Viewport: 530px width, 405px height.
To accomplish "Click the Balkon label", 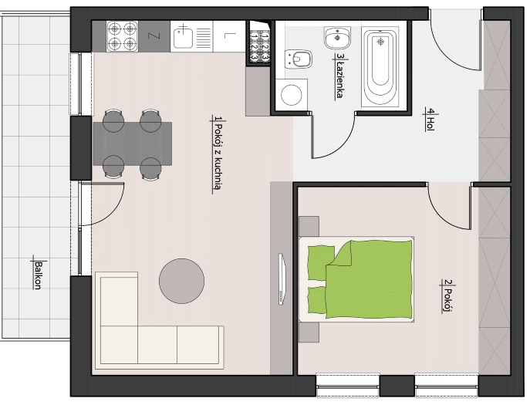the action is point(37,275).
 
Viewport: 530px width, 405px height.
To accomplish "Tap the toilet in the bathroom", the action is point(298,59).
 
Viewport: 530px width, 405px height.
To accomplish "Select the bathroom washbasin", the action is point(338,38).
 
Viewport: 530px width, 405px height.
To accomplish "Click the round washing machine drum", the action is point(292,95).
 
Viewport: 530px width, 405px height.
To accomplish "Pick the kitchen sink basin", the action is point(183,38).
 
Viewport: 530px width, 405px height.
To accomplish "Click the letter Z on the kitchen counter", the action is point(154,36).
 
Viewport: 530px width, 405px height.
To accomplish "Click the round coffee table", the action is point(182,281).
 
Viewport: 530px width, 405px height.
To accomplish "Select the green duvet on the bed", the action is point(369,279).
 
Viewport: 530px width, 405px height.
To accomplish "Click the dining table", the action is point(133,143).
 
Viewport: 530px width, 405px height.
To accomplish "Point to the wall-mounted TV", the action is point(282,279).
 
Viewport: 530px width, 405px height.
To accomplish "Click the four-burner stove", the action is point(123,36).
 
